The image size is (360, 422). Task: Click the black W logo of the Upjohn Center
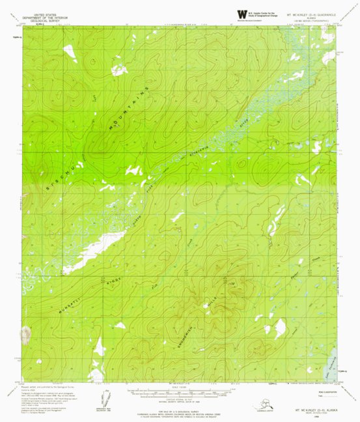click(242, 14)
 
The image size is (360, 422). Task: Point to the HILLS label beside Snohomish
click(216, 281)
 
